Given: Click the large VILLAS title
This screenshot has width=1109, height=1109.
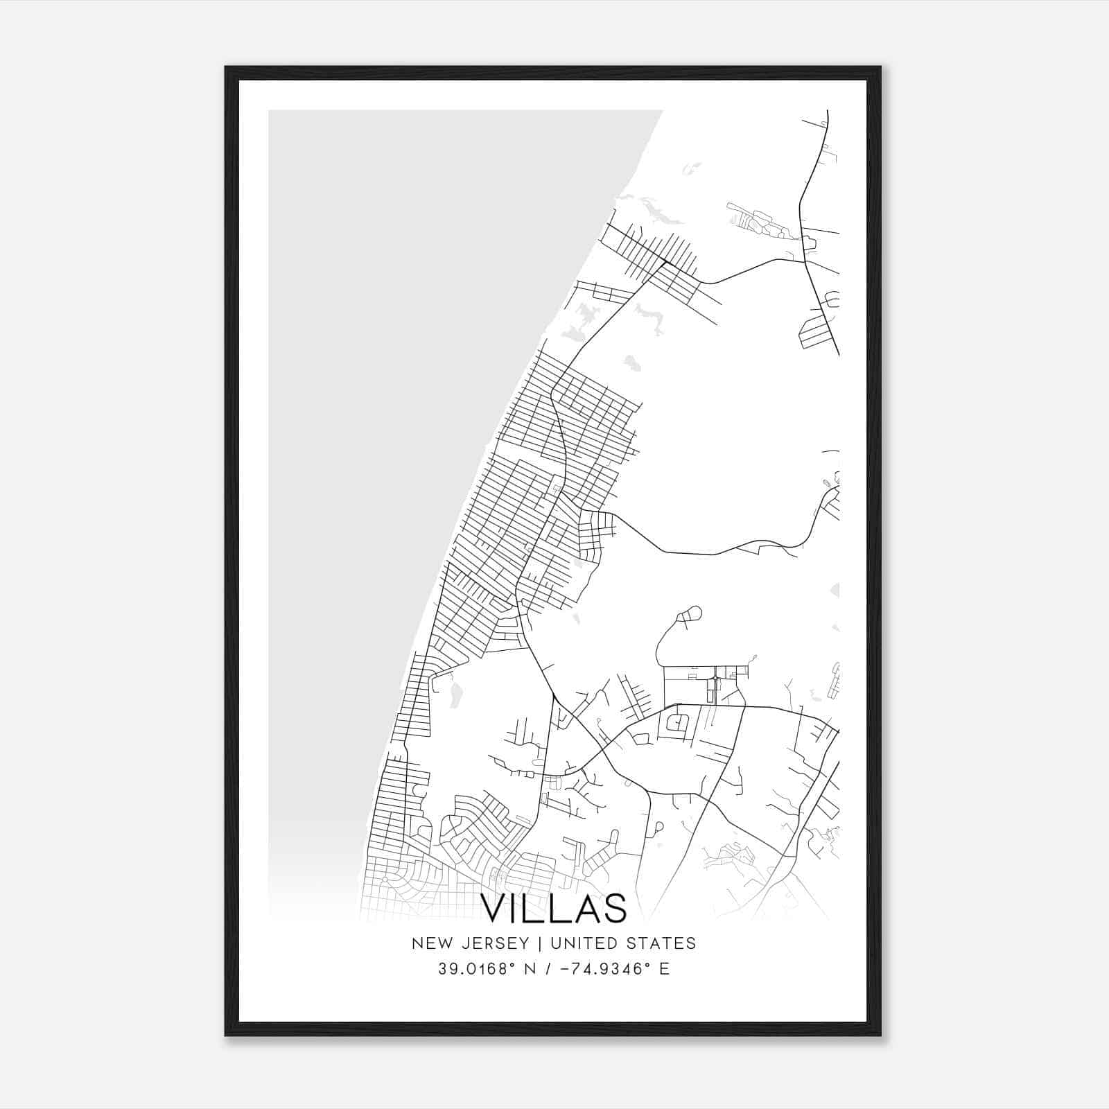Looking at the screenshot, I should click(x=554, y=909).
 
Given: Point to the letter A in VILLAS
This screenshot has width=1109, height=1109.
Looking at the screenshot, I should click(x=584, y=909).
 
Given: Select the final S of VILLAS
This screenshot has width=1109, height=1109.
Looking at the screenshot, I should click(x=613, y=909).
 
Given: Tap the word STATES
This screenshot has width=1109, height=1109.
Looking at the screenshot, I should click(x=663, y=943).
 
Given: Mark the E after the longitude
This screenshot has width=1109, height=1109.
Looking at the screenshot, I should click(x=664, y=969).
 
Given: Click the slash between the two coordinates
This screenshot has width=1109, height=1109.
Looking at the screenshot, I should click(x=548, y=969).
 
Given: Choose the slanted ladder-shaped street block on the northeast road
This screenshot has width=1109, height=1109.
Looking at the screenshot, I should click(x=814, y=333).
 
